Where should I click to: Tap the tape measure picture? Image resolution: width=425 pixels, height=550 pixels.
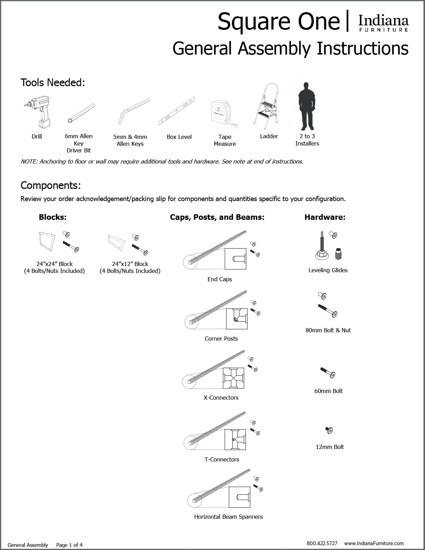click(224, 113)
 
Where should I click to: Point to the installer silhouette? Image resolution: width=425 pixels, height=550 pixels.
click(306, 106)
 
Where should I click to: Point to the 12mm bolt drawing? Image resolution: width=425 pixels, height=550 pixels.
click(329, 431)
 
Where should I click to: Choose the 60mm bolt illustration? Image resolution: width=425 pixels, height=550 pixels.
click(328, 373)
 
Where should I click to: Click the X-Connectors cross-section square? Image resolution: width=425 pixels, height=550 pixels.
click(233, 378)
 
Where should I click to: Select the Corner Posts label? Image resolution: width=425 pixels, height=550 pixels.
click(221, 339)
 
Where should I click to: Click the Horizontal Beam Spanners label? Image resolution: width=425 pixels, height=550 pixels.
click(228, 517)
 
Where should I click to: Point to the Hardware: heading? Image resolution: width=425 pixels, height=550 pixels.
click(325, 217)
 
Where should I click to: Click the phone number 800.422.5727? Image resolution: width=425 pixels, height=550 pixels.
click(322, 543)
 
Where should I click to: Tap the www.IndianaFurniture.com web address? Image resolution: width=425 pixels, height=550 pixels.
click(374, 543)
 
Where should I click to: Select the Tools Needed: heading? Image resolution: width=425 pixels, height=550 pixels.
click(53, 83)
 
